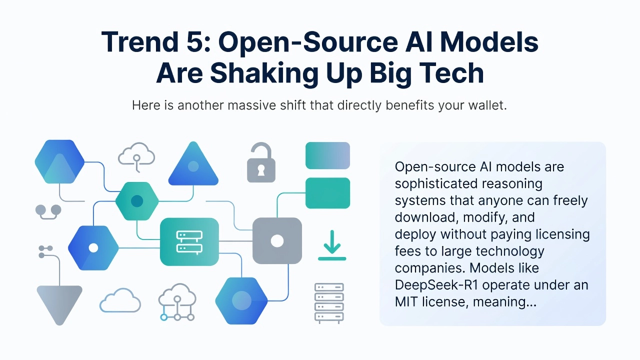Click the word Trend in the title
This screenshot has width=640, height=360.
coord(140,42)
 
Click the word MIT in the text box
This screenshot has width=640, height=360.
coord(406,301)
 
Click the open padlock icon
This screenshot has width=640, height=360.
coord(261,162)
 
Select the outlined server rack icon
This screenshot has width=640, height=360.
coord(329,303)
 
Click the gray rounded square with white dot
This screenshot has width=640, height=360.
coord(277,241)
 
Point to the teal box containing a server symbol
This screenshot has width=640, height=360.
coord(189,241)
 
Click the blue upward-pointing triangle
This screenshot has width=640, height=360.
coord(193,165)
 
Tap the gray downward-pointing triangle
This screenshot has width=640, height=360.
coord(59,303)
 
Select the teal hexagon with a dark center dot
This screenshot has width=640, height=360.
coord(137,201)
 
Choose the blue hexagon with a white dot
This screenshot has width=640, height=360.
coord(93,248)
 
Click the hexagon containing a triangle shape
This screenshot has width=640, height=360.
coord(59,161)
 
